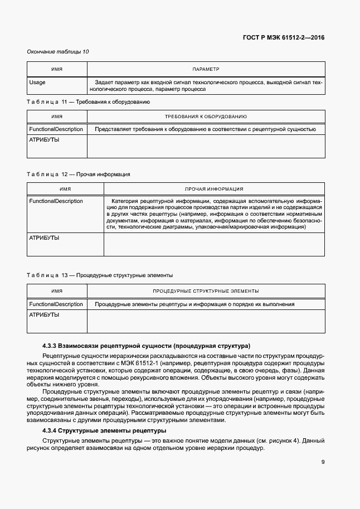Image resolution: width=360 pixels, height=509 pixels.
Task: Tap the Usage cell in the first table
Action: [37, 83]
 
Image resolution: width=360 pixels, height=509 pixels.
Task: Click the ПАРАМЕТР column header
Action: [206, 69]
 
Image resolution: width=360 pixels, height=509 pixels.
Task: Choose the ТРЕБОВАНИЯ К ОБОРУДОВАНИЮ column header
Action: [206, 117]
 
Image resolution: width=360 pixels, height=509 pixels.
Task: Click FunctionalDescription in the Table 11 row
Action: [56, 129]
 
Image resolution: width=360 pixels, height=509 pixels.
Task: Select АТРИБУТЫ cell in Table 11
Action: [44, 140]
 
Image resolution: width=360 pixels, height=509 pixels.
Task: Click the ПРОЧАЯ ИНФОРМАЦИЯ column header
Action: [214, 189]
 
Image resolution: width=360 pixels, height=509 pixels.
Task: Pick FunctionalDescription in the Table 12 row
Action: [56, 201]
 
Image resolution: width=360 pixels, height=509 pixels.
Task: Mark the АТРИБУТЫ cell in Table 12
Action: [44, 238]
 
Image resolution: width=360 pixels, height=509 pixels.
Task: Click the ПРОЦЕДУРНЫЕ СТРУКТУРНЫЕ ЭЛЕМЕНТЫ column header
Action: [206, 291]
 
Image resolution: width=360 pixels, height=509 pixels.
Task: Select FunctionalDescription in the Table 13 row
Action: [56, 304]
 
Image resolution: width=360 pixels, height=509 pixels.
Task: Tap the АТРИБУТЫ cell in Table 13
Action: [44, 315]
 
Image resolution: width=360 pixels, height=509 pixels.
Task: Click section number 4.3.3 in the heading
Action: [52, 346]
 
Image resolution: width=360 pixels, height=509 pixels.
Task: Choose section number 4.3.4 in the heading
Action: [52, 432]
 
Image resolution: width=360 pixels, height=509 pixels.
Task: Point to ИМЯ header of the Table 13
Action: [57, 291]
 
